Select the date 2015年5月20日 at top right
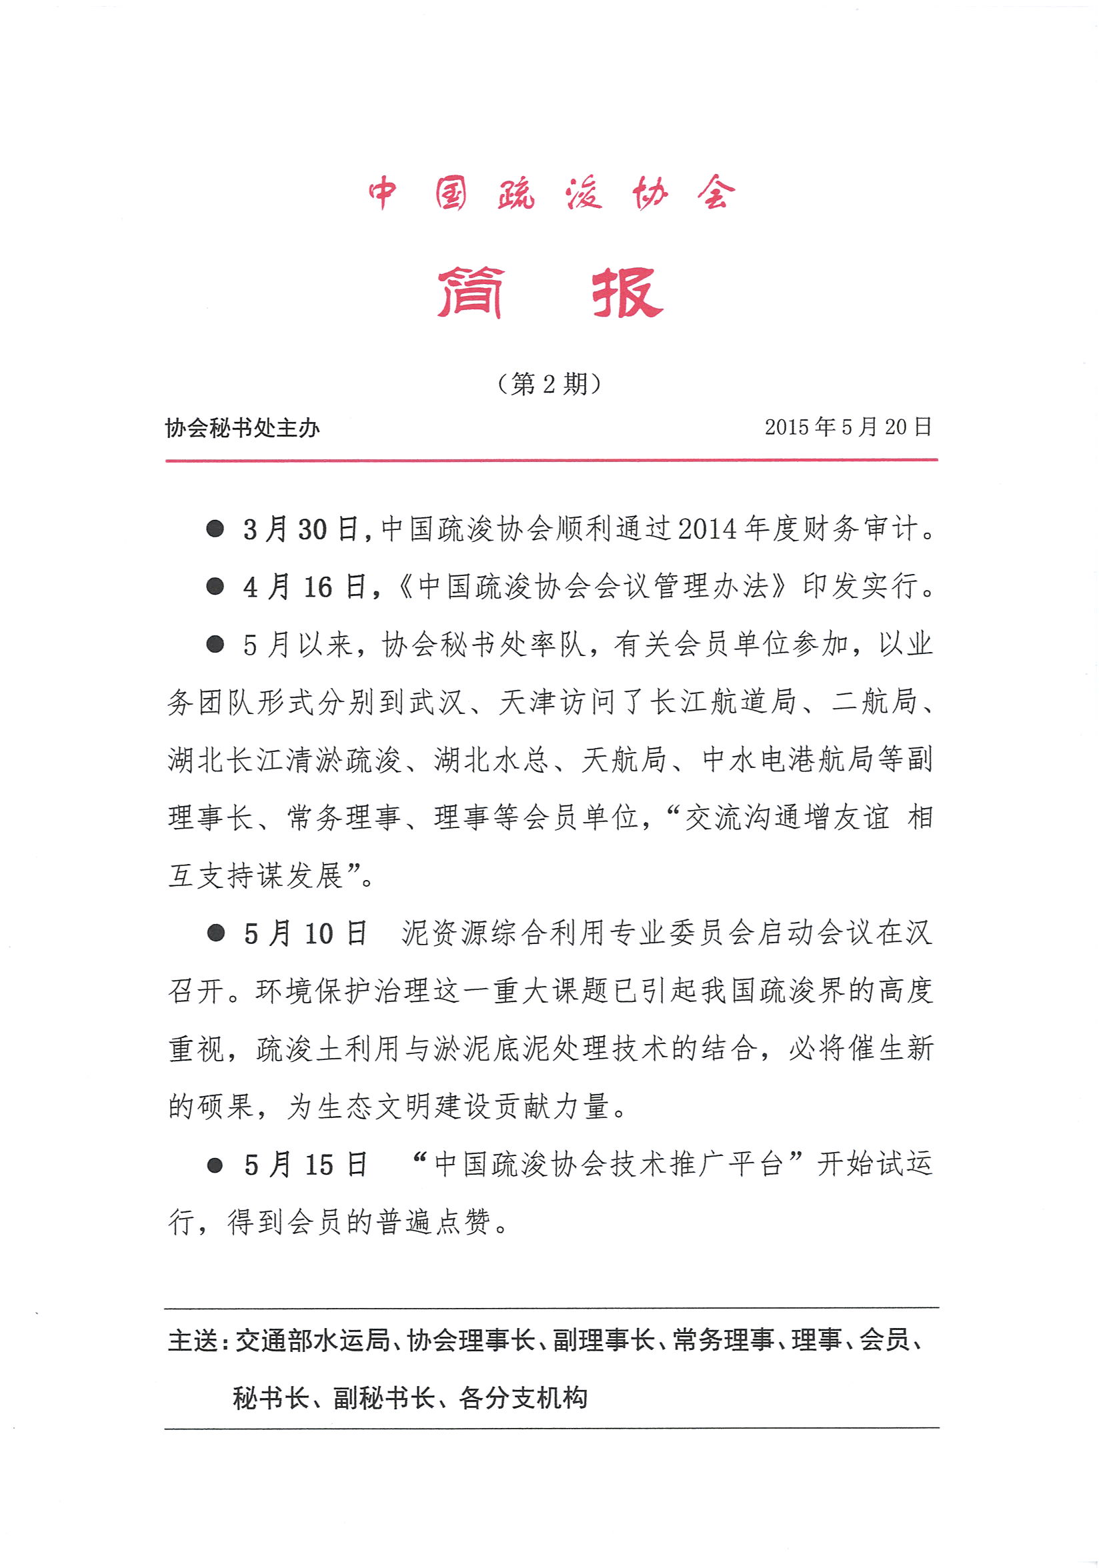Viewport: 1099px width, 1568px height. [x=848, y=427]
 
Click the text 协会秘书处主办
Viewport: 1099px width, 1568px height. [x=243, y=428]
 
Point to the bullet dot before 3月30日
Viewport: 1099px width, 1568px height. [x=215, y=529]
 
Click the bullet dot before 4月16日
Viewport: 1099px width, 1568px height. [x=215, y=586]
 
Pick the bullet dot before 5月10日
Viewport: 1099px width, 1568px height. [x=216, y=933]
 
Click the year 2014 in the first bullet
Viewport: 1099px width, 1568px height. [x=708, y=529]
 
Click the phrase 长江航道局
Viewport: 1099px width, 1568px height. [x=723, y=702]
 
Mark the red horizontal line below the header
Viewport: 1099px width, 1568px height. [x=551, y=460]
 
